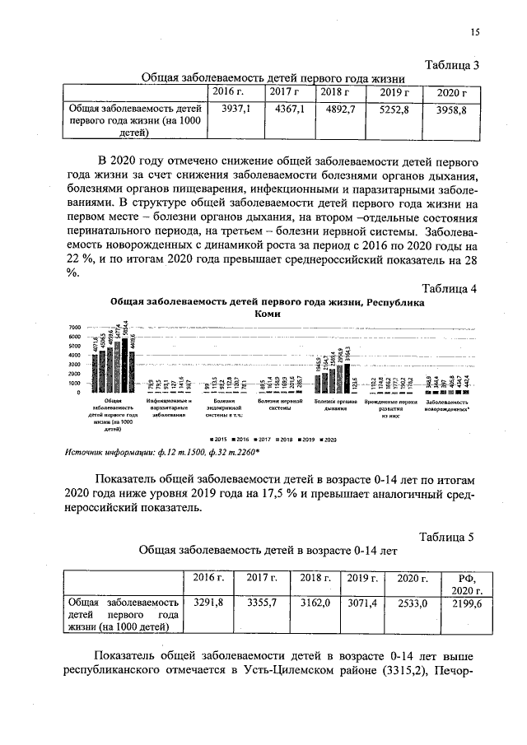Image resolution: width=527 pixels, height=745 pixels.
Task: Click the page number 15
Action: [x=474, y=32]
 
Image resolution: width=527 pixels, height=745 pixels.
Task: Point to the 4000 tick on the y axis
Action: [x=75, y=356]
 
